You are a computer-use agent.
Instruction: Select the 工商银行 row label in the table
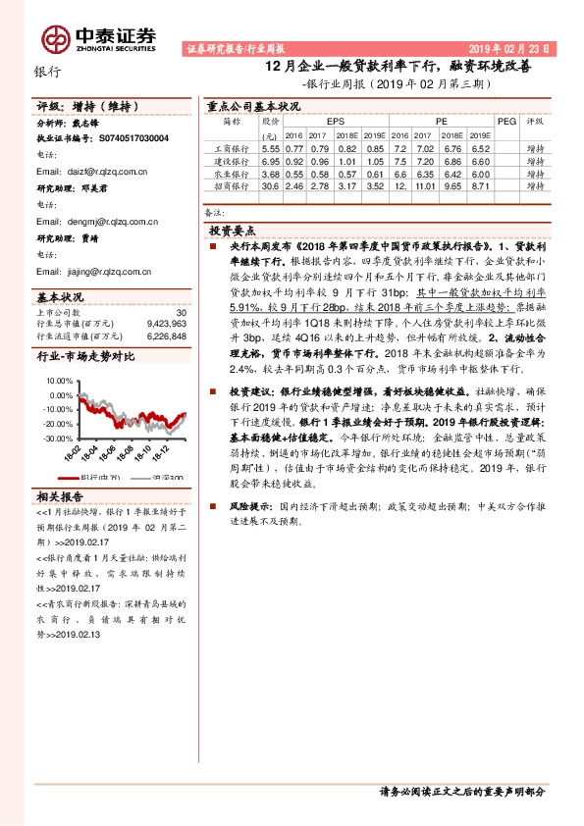(x=232, y=147)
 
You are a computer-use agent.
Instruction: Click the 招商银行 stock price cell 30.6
(x=271, y=184)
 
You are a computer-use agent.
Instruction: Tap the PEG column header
(x=505, y=121)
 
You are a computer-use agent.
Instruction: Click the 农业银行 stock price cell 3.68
(x=271, y=173)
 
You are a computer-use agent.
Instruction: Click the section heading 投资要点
(x=234, y=228)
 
